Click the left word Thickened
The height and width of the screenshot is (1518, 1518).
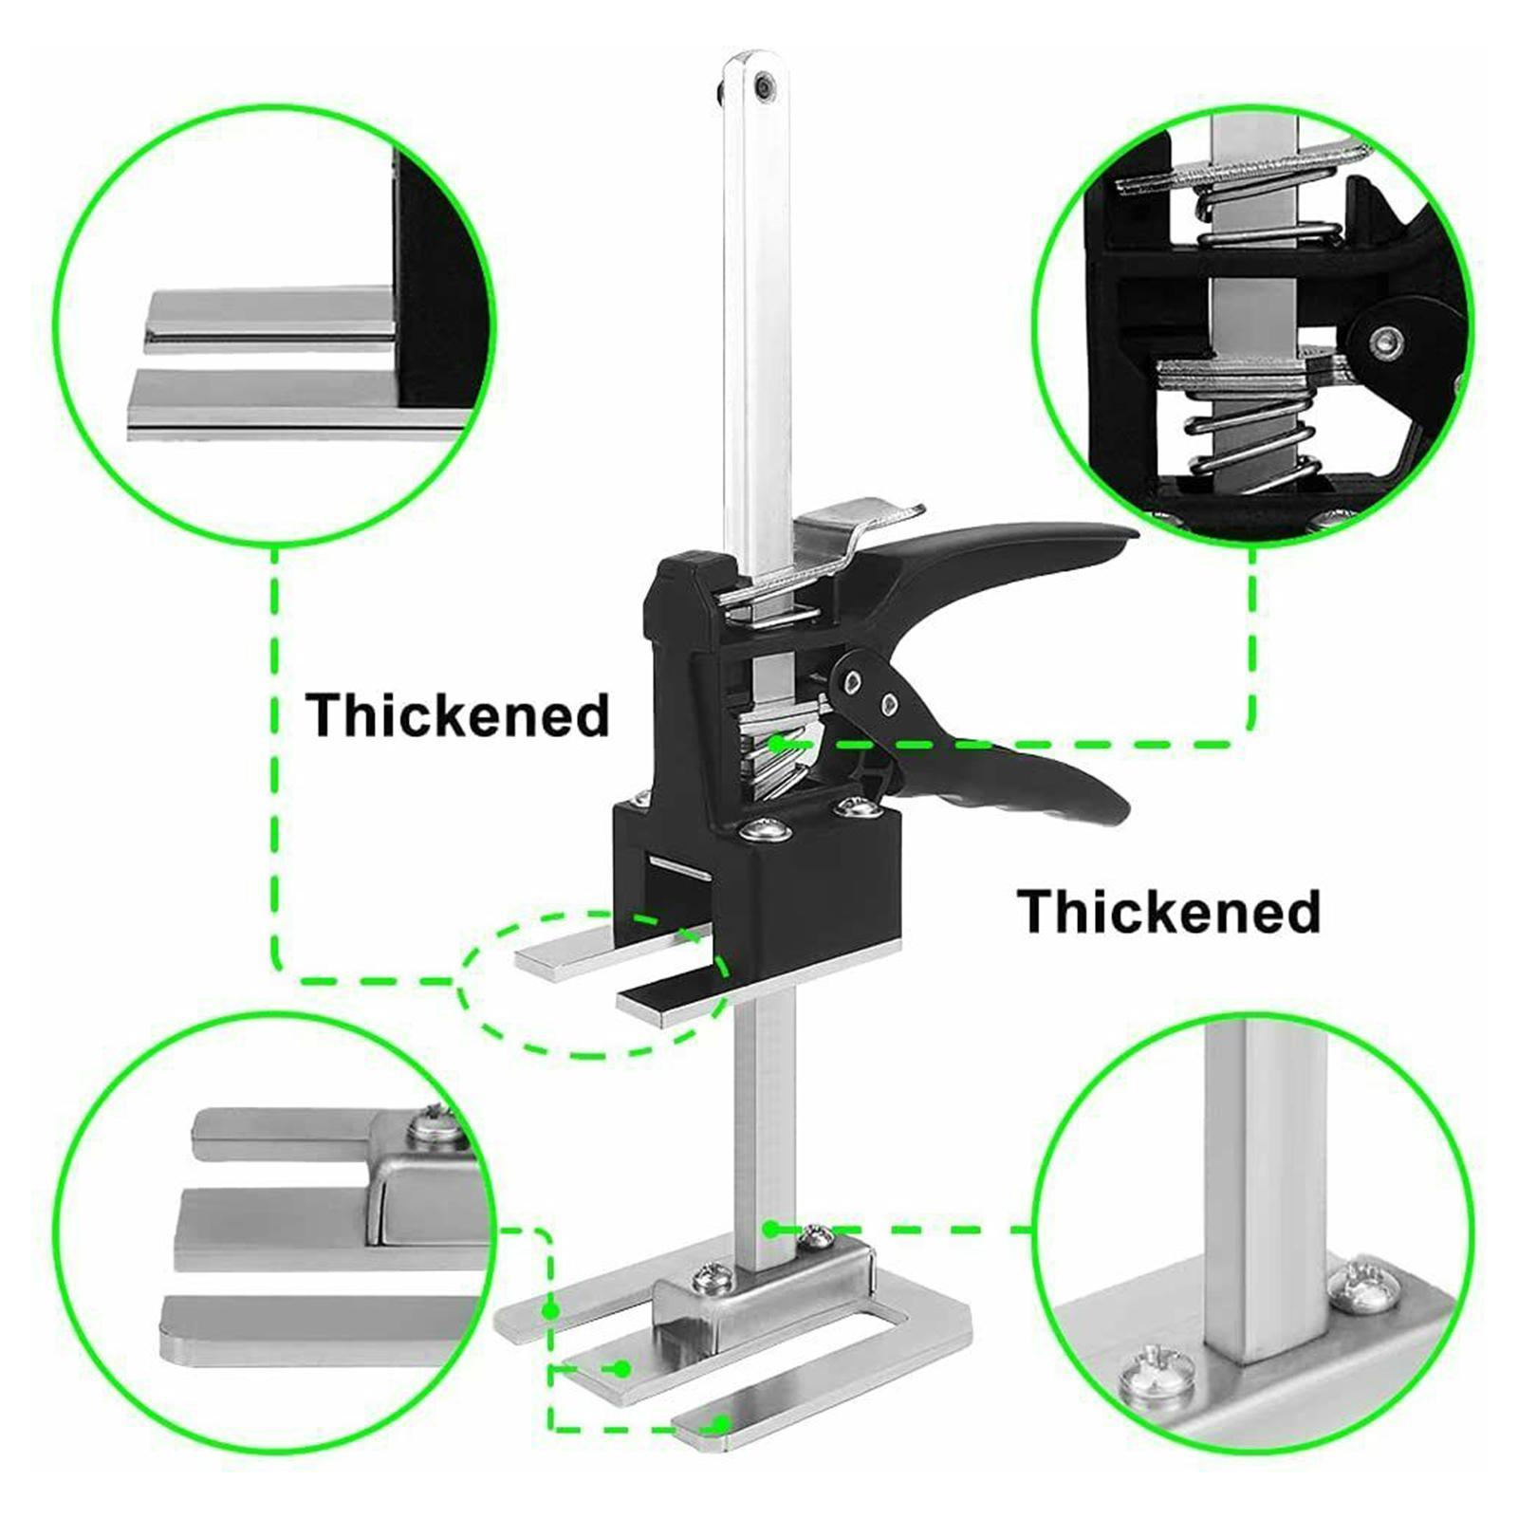click(457, 715)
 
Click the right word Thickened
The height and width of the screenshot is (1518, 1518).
click(1169, 912)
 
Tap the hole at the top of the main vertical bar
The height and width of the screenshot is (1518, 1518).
click(762, 87)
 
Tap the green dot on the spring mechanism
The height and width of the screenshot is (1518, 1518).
click(777, 745)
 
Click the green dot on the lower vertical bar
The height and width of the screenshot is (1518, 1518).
click(770, 1229)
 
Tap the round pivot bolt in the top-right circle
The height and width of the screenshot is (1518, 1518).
click(1391, 339)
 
